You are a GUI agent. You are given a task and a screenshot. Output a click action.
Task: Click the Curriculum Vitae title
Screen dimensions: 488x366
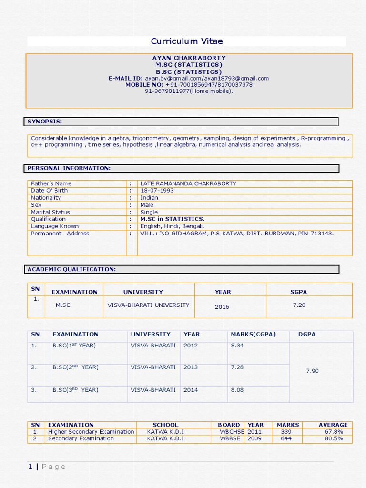tap(187, 41)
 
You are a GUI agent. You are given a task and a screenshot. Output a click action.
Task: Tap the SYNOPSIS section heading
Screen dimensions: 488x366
tap(44, 122)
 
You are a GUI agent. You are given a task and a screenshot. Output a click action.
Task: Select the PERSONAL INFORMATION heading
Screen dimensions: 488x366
tap(69, 168)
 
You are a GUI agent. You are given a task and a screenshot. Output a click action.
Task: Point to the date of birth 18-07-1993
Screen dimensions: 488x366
tap(157, 190)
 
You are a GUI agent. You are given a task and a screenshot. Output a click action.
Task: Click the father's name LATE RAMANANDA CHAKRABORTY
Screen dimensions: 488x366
tap(188, 183)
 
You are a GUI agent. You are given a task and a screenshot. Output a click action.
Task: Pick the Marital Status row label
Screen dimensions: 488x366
tap(50, 212)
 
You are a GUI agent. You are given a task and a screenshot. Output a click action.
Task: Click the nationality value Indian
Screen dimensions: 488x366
tap(149, 197)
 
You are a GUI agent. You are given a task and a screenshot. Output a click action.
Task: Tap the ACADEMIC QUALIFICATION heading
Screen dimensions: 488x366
tap(71, 269)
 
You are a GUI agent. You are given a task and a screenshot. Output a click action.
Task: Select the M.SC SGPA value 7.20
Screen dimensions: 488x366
tap(299, 305)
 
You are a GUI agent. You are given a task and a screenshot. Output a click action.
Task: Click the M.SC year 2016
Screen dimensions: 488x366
tap(222, 307)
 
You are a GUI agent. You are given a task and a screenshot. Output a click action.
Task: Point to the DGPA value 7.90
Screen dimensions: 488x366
tap(312, 371)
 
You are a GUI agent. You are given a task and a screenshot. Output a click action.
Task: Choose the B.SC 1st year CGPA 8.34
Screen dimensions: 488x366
tap(237, 346)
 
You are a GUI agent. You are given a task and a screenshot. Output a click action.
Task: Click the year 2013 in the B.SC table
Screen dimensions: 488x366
tap(191, 367)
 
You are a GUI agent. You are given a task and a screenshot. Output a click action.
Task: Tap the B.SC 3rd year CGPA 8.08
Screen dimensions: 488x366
tap(237, 390)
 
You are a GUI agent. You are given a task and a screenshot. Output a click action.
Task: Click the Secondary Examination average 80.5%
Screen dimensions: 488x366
tap(334, 438)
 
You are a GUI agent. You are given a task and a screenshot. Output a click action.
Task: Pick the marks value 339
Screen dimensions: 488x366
tap(286, 432)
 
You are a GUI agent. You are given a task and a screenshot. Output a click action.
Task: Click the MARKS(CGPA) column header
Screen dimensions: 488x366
tap(253, 334)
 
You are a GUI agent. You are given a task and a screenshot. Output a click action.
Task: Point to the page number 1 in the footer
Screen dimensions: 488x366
tap(30, 467)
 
